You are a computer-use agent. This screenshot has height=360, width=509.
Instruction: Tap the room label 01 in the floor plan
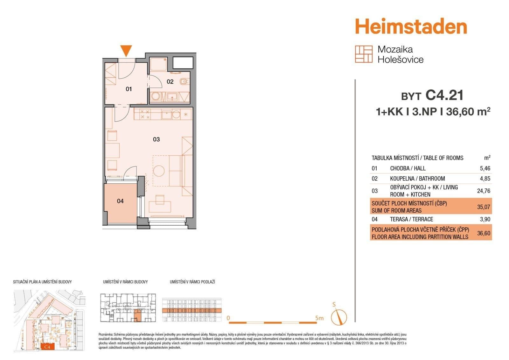coord(129,89)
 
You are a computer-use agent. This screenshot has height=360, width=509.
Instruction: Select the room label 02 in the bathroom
coord(170,82)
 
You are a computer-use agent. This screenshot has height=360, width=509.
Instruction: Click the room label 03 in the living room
coord(156,139)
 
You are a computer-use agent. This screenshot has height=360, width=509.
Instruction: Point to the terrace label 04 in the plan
coord(120,201)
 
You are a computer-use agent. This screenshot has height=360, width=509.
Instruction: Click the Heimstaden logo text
coord(411,26)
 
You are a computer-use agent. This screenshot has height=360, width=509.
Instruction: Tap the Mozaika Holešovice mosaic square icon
coord(364,54)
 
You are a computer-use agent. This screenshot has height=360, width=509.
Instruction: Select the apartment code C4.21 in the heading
coord(444,95)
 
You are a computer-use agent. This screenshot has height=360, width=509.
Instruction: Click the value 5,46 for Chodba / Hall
coord(485,168)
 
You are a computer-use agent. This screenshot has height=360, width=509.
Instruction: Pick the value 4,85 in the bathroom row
coord(485,179)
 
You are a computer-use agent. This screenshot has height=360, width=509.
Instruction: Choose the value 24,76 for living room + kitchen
coord(484,191)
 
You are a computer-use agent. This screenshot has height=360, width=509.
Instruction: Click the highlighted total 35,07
coord(484,207)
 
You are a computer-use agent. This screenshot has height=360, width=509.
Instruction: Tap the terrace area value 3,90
coord(485,219)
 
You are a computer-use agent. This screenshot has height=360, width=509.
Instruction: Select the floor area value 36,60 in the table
coord(484,233)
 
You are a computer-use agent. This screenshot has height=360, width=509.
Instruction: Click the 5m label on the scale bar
coord(319,318)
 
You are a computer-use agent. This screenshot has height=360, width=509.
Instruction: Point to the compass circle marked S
coord(339,317)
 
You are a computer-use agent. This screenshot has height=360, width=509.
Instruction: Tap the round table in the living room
coord(159,171)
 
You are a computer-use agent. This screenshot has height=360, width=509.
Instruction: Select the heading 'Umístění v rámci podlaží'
coord(192,282)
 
